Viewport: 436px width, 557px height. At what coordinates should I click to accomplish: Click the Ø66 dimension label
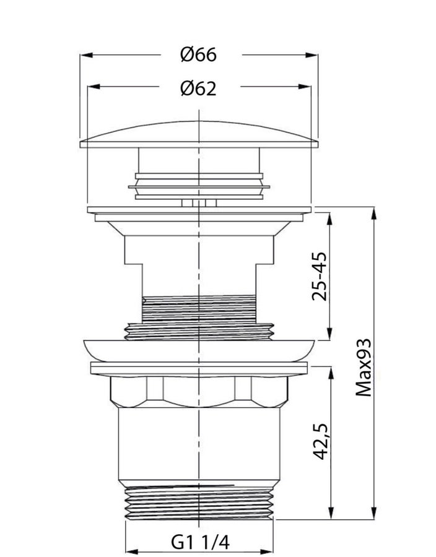pyautogui.click(x=198, y=54)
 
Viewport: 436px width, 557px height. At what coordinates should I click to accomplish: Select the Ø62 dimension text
pyautogui.click(x=198, y=88)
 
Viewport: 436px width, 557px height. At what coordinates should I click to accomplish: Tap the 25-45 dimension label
pyautogui.click(x=320, y=277)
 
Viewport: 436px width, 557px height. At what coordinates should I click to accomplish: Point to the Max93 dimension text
pyautogui.click(x=364, y=367)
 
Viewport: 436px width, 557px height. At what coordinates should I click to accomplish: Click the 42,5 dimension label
pyautogui.click(x=321, y=441)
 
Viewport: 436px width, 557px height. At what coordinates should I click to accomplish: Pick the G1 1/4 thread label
pyautogui.click(x=201, y=542)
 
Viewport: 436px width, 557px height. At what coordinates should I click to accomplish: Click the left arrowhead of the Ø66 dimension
pyautogui.click(x=87, y=55)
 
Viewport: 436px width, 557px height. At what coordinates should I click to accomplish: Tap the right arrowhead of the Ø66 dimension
pyautogui.click(x=312, y=55)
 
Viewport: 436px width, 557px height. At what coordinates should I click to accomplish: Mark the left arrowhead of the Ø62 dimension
pyautogui.click(x=94, y=86)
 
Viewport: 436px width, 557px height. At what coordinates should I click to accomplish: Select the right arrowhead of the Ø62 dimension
pyautogui.click(x=305, y=86)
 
